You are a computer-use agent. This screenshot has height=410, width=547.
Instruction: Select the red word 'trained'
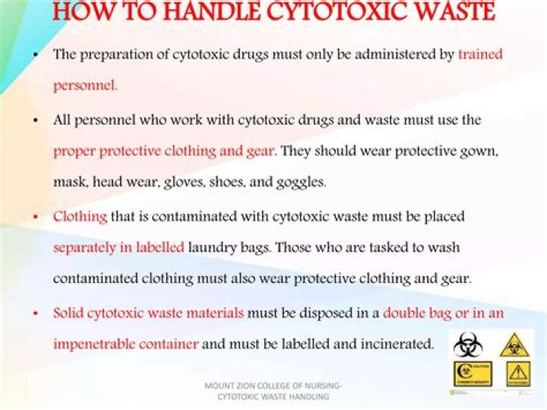pos(480,55)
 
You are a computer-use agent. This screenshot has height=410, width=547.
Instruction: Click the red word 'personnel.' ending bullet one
pos(85,85)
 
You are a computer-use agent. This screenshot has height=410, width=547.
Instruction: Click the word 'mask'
pos(70,183)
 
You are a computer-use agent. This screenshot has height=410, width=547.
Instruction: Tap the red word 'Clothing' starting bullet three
pos(80,216)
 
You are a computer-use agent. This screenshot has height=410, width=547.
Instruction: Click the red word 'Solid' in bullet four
pos(68,313)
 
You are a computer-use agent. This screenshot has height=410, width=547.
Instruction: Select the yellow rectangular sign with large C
pos(472,373)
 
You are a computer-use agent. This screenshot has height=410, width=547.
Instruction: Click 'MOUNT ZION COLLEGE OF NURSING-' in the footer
pos(273,386)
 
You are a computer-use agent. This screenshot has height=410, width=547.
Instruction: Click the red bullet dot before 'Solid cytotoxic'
pos(36,313)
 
